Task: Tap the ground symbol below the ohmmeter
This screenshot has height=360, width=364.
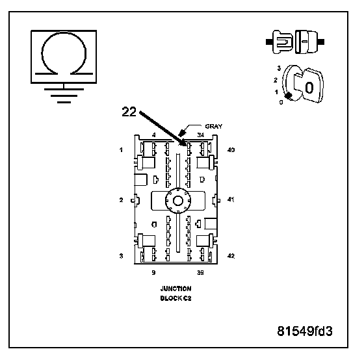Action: click(x=64, y=95)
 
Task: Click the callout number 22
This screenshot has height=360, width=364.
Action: click(x=129, y=112)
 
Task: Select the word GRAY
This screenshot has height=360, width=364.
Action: click(x=214, y=127)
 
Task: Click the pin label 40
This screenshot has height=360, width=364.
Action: click(x=231, y=150)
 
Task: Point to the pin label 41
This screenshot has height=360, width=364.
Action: click(x=231, y=199)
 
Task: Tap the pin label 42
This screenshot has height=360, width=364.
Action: click(x=231, y=256)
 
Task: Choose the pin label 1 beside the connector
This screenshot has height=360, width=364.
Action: click(x=121, y=150)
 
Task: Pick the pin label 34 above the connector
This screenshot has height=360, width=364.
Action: click(x=201, y=135)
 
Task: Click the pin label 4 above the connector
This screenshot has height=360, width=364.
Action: click(x=154, y=135)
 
